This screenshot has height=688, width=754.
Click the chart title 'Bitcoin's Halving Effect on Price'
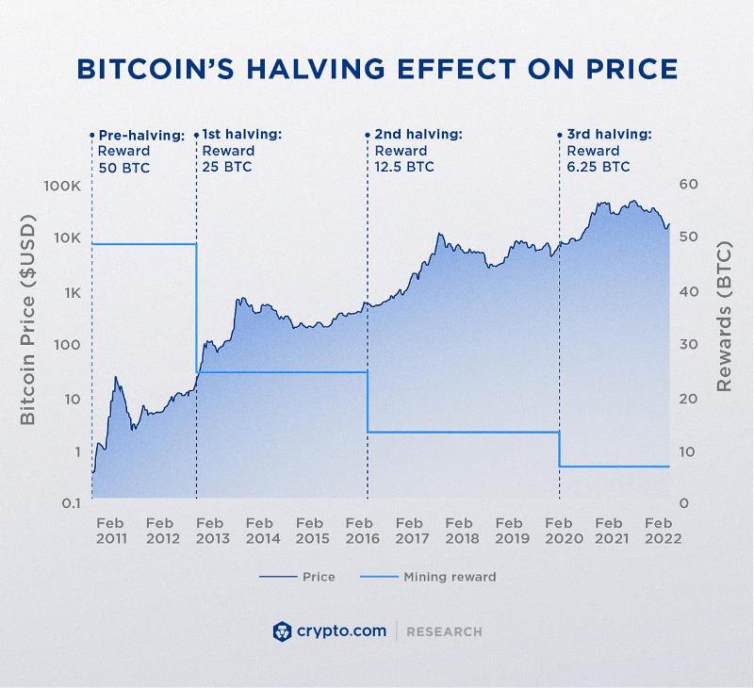coord(377,70)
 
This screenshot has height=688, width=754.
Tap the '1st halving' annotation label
coord(241,135)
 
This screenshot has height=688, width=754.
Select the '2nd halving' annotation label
coord(418,135)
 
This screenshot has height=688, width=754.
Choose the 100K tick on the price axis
coord(62,186)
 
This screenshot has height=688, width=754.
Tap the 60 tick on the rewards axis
coord(689,185)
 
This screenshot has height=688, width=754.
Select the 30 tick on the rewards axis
coord(689,345)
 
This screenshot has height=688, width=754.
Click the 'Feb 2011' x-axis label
coord(111,531)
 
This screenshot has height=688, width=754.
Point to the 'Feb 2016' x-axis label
coord(361,531)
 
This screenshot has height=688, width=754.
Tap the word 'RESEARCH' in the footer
coord(444,631)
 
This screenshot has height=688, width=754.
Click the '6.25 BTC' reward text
coord(598,167)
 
